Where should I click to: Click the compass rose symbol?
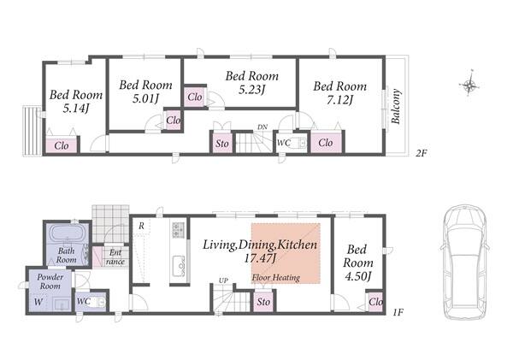pyautogui.click(x=469, y=84)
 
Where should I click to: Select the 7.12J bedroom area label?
pyautogui.click(x=340, y=100)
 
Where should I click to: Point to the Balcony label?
pyautogui.click(x=396, y=106)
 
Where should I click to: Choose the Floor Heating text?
pyautogui.click(x=276, y=278)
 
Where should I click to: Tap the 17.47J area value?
pyautogui.click(x=260, y=258)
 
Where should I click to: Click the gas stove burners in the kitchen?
pyautogui.click(x=179, y=229)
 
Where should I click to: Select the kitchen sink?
pyautogui.click(x=179, y=265)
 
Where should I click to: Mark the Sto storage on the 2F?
pyautogui.click(x=222, y=143)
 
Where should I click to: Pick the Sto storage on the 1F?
pyautogui.click(x=263, y=301)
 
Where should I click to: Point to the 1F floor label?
pyautogui.click(x=398, y=312)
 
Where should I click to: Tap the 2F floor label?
pyautogui.click(x=422, y=153)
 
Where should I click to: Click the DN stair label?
pyautogui.click(x=262, y=127)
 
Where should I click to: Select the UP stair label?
pyautogui.click(x=223, y=280)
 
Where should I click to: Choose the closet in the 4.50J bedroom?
pyautogui.click(x=375, y=301)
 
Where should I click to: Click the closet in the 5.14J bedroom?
pyautogui.click(x=62, y=145)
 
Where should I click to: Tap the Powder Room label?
pyautogui.click(x=50, y=281)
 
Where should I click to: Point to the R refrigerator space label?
pyautogui.click(x=141, y=226)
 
